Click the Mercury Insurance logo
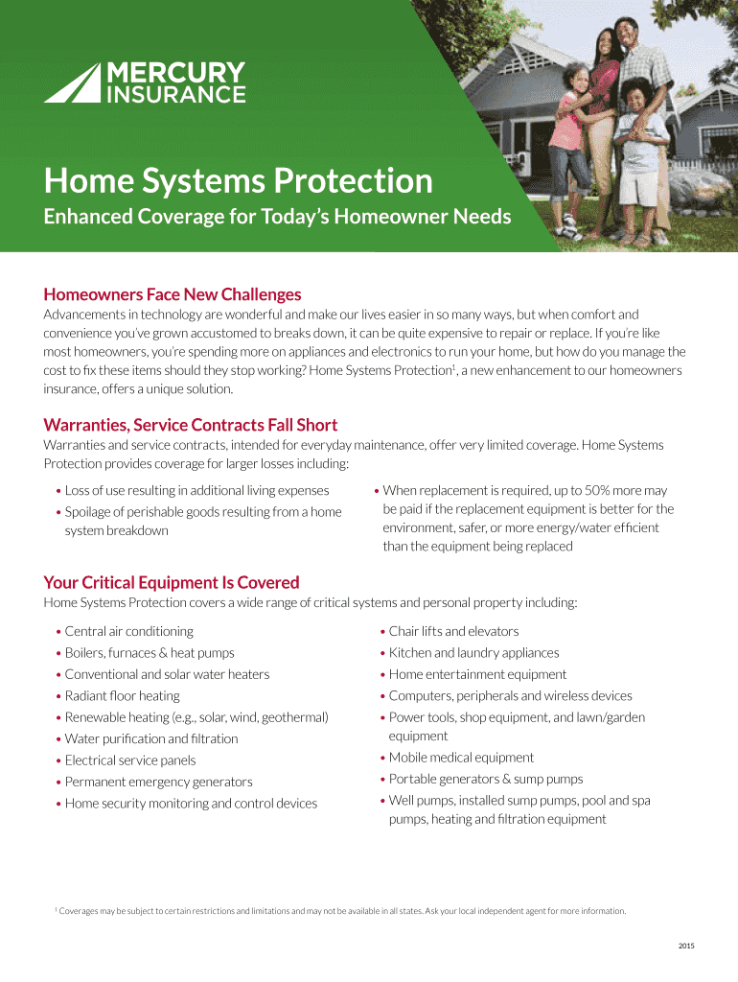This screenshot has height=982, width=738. [x=145, y=82]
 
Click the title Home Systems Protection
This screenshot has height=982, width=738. [x=238, y=180]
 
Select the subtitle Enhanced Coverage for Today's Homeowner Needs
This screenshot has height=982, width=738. [x=277, y=218]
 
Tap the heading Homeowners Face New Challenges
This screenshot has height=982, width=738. [x=173, y=294]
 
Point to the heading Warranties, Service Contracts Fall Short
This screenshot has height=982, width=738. [x=191, y=425]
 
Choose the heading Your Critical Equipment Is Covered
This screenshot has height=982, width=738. [x=172, y=582]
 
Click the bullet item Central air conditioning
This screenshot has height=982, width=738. [x=128, y=631]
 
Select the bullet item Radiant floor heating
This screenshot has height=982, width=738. [x=122, y=696]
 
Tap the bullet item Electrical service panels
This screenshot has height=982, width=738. [x=130, y=760]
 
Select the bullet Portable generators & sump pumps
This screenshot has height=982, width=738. [x=485, y=779]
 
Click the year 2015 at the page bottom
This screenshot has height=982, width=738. [x=685, y=947]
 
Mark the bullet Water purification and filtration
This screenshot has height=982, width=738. [x=151, y=738]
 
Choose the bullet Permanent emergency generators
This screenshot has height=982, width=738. [x=158, y=782]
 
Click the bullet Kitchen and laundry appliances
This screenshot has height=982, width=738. [x=473, y=653]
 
